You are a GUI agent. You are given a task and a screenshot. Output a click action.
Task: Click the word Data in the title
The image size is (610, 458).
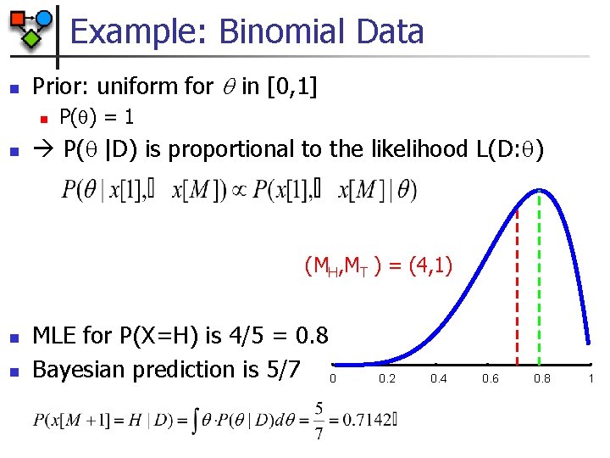(x=391, y=32)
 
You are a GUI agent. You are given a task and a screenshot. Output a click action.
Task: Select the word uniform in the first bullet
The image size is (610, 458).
(x=138, y=86)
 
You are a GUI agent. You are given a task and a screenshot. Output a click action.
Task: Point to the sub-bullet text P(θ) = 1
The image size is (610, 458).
(x=97, y=117)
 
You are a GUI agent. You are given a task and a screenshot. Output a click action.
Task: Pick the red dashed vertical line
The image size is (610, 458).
(x=517, y=280)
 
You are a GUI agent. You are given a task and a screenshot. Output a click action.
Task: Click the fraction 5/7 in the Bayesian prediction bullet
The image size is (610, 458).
(x=284, y=370)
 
